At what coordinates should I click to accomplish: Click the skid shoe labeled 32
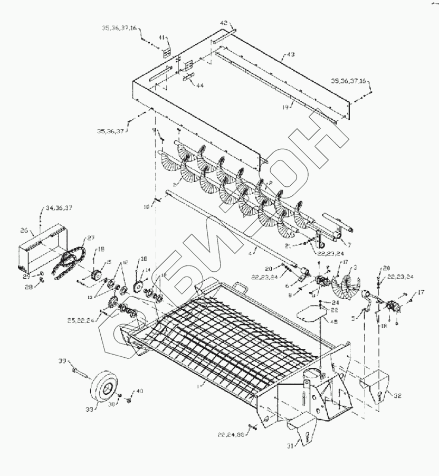(x=375, y=388)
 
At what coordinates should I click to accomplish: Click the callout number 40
(x=139, y=391)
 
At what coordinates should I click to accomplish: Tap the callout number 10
(x=146, y=207)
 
